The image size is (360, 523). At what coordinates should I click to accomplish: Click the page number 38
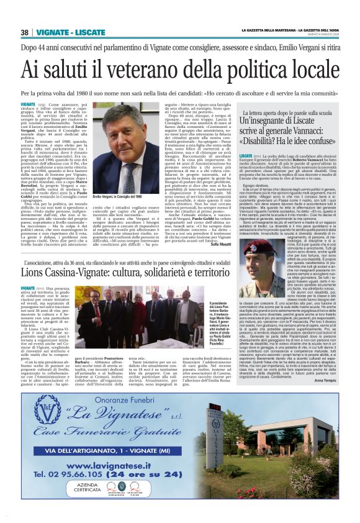25,32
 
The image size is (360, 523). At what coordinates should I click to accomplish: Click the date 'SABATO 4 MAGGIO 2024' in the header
329,36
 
